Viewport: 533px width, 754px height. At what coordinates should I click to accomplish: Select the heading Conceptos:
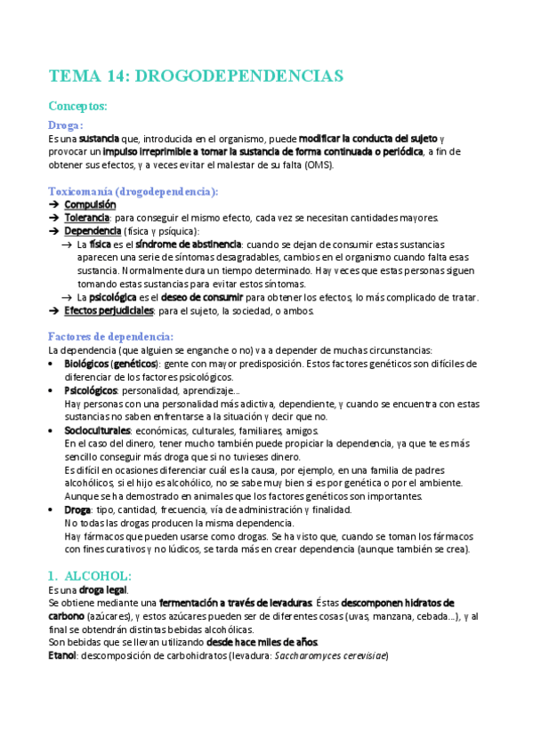(78, 106)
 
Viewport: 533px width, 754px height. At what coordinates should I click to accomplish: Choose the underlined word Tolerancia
(87, 218)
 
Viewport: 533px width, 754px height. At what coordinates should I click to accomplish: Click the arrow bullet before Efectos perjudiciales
(53, 311)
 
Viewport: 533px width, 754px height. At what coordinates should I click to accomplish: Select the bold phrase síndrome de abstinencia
(188, 244)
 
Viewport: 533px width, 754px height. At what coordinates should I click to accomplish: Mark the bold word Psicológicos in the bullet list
(91, 390)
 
